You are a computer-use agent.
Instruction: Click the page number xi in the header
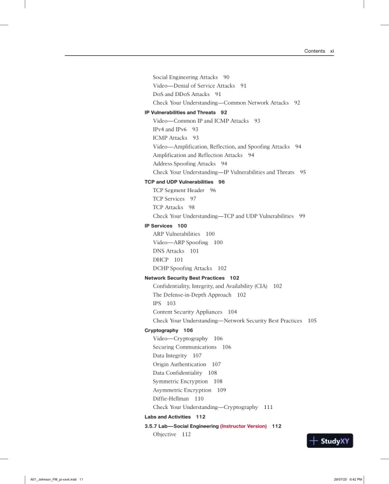pyautogui.click(x=331, y=50)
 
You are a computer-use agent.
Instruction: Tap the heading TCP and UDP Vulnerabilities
pyautogui.click(x=177, y=181)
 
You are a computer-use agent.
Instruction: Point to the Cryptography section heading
pyautogui.click(x=165, y=331)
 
